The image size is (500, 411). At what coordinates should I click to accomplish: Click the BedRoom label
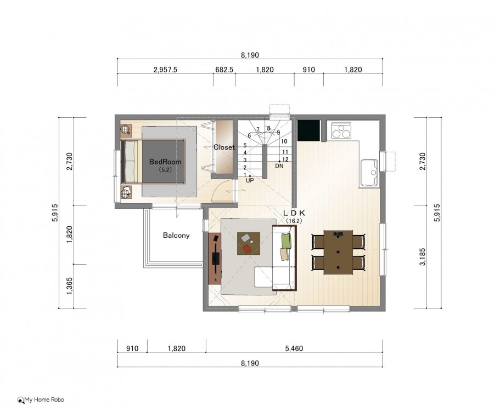pos(165,162)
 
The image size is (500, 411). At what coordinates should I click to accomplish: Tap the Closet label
pos(224,147)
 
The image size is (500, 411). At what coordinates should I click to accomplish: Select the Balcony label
pos(176,235)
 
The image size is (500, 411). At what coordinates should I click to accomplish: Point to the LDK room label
pos(294,213)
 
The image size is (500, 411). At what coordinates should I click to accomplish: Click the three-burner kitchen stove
pos(341,130)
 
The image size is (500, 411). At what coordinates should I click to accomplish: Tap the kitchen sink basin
pos(369,173)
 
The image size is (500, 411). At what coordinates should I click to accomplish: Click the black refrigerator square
pos(308,130)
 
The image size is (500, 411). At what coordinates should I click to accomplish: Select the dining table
pos(338,252)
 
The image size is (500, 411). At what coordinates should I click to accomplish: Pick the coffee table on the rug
pos(249,243)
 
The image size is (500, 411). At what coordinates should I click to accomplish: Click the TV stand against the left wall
pos(215,258)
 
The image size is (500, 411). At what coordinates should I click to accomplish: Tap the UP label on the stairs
pos(250,180)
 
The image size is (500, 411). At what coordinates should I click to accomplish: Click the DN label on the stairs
pos(279,166)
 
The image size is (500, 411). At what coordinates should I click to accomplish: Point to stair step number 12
pos(285,159)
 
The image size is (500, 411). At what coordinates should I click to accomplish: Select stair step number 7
pos(258,129)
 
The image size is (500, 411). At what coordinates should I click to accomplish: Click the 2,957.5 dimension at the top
pos(165,70)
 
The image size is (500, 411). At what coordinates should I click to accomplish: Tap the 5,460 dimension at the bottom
pos(294,349)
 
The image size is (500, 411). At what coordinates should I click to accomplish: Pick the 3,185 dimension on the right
pos(423,257)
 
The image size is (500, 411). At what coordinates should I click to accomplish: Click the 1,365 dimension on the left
pos(70,286)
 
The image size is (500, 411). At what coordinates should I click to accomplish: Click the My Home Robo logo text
pos(44,399)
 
